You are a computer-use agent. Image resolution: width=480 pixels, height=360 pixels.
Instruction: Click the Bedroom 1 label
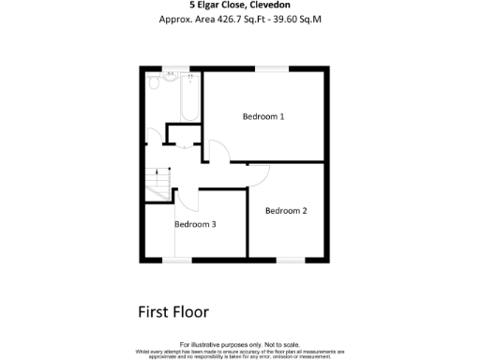(262, 117)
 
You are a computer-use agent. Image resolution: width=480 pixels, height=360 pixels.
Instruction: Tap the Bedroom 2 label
(286, 211)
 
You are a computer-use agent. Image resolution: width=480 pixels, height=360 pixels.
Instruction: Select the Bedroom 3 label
(196, 224)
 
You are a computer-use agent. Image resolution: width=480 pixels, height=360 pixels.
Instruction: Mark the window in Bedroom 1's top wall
(273, 67)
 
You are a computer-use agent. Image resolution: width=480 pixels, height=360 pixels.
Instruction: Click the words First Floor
(172, 312)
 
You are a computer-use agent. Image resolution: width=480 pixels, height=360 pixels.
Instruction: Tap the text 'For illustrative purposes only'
(240, 344)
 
